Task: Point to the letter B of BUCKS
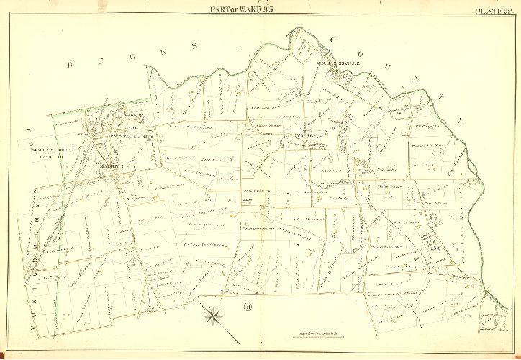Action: [71, 65]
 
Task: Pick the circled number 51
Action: [247, 309]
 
